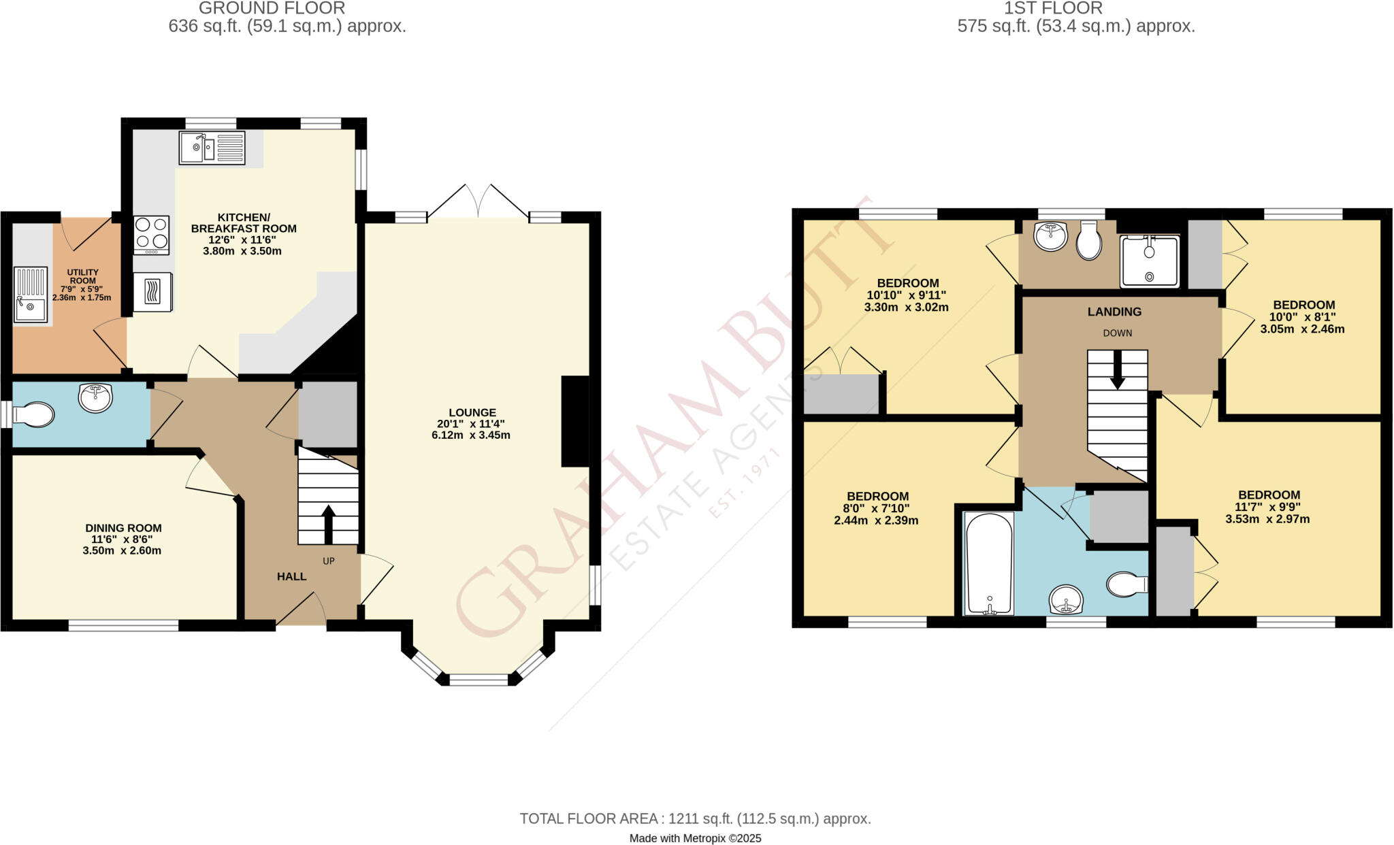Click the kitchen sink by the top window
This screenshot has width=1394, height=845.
212,148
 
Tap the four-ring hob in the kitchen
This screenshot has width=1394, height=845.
152,233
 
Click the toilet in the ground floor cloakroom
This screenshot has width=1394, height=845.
33,414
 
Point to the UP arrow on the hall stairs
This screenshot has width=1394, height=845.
328,522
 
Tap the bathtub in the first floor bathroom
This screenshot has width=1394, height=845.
989,564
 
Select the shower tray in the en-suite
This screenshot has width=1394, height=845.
1150,261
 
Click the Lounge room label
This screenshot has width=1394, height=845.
472,412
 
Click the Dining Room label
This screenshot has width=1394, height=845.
123,528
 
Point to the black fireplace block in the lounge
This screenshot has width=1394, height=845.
574,421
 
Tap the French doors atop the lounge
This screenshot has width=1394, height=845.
479,201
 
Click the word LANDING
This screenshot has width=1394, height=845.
1114,312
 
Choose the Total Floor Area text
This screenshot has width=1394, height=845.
695,818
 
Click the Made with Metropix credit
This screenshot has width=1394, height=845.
695,838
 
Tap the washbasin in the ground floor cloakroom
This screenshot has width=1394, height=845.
95,398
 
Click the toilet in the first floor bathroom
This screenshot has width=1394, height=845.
1127,584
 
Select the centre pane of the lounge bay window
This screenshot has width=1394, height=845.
479,678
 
